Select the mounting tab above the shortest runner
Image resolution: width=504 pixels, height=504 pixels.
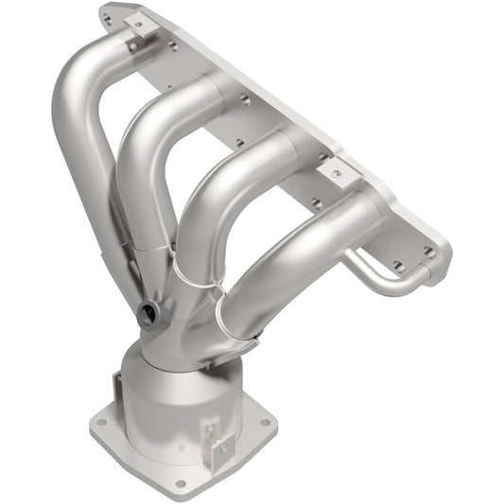[x=337, y=172]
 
